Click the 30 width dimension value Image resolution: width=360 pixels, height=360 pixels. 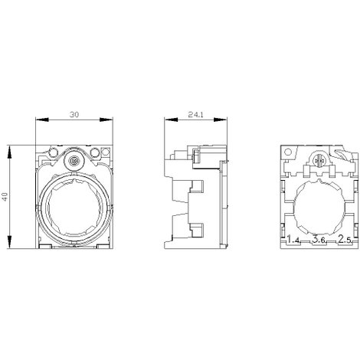coord(74,115)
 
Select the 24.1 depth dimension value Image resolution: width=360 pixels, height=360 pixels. coord(196,115)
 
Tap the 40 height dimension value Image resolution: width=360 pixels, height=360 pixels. coord(5,196)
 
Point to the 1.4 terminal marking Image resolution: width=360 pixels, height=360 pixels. coord(293,240)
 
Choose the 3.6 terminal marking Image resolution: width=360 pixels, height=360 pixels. coord(319,240)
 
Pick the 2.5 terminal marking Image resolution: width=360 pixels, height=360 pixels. coord(345,240)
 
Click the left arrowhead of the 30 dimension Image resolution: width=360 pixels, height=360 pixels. coord(42,119)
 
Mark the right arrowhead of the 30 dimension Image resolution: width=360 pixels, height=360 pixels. coord(106,119)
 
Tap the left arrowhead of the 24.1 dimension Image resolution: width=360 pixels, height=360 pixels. coord(171,119)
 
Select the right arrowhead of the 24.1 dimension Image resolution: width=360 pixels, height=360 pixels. coord(221,119)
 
